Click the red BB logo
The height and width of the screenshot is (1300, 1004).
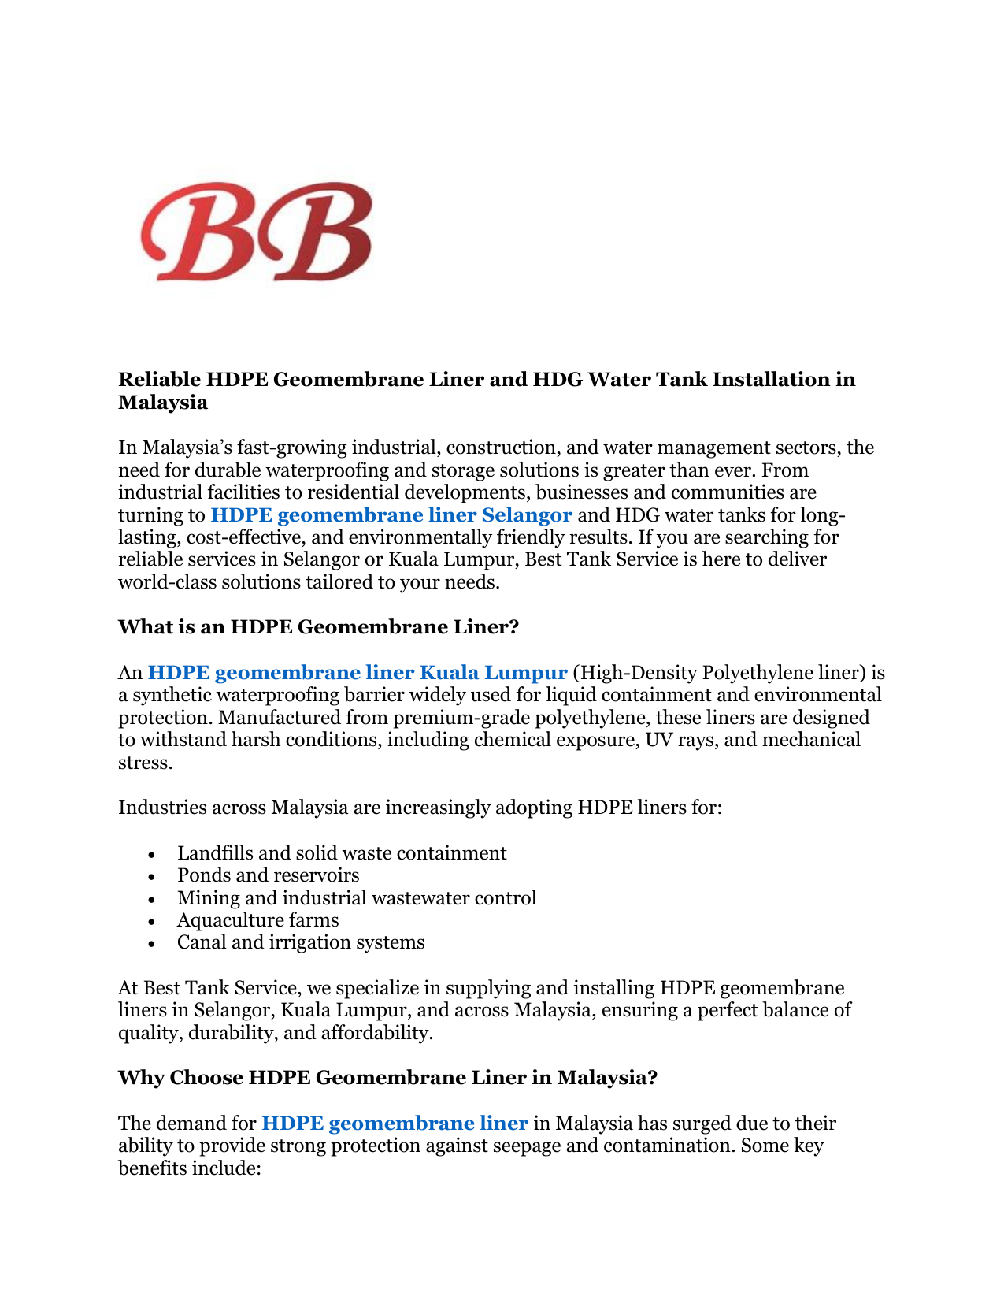[256, 231]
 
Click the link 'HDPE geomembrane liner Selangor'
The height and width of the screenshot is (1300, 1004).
[391, 515]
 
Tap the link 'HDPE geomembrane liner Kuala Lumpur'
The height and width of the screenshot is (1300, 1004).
[358, 672]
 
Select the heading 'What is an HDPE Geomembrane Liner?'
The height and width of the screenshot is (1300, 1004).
[318, 627]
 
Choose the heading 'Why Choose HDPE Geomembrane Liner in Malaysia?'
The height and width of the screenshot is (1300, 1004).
[387, 1078]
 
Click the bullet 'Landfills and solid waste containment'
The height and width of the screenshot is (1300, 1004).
[342, 853]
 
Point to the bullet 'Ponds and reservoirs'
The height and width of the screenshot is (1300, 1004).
[268, 875]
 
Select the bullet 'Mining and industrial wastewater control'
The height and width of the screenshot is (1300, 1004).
[357, 898]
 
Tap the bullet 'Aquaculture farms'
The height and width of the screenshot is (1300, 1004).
[257, 920]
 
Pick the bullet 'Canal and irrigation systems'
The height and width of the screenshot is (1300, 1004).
[301, 942]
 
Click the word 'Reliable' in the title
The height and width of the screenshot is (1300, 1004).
[159, 380]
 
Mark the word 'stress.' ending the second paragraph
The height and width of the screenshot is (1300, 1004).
[144, 763]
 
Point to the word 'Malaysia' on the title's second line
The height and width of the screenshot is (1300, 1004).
[163, 403]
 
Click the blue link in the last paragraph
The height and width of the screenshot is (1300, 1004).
[394, 1124]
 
